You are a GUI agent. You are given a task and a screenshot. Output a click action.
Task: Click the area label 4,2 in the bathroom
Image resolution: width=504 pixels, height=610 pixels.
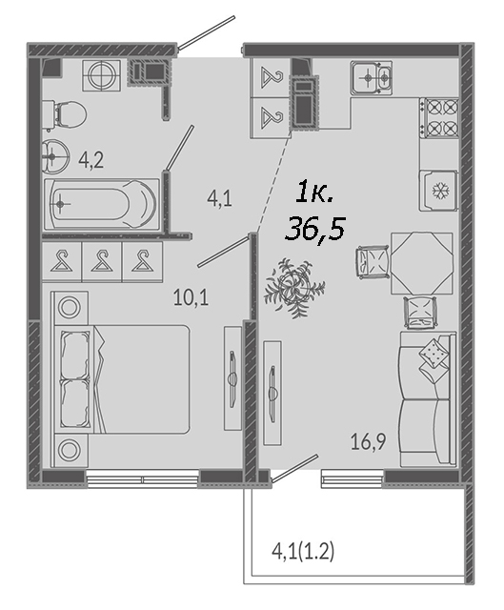(x=91, y=160)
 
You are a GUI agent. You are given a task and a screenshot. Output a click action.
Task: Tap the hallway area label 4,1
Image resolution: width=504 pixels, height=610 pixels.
(x=219, y=199)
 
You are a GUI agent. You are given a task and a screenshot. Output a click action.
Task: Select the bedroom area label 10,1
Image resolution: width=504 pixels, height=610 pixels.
(x=191, y=298)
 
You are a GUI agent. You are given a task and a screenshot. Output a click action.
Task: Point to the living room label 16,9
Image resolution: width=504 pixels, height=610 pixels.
(x=369, y=441)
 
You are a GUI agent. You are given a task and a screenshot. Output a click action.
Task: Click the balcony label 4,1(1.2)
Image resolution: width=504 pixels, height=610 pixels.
(x=303, y=552)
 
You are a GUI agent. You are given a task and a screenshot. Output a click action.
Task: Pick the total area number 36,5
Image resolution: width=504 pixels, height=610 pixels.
(x=314, y=228)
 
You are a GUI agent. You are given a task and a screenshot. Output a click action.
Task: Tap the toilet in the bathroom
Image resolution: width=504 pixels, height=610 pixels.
(x=65, y=114)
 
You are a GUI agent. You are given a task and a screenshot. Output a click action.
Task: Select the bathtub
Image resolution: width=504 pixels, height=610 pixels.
(x=102, y=204)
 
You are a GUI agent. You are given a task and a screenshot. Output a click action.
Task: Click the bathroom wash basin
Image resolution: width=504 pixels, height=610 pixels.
(x=55, y=156)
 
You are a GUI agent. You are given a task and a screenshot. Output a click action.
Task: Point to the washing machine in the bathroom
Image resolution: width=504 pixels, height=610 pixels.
(x=101, y=75)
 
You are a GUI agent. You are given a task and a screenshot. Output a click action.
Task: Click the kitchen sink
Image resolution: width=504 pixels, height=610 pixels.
(x=371, y=77)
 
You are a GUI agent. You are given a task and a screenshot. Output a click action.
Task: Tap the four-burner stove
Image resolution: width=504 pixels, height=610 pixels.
(x=439, y=117)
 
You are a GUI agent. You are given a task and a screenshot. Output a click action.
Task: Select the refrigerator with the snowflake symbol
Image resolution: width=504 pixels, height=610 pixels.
(x=439, y=191)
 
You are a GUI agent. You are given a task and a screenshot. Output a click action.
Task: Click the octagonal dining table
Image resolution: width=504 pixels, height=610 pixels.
(x=422, y=263)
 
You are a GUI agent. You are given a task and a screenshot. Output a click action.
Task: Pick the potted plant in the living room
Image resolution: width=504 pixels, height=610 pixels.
(x=294, y=288)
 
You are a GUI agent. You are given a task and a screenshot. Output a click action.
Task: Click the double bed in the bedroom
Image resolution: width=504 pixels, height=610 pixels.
(x=121, y=379)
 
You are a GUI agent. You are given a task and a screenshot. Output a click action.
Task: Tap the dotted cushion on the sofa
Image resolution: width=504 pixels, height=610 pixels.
(x=432, y=353)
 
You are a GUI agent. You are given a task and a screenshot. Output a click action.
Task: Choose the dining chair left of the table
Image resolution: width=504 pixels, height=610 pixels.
(x=373, y=261)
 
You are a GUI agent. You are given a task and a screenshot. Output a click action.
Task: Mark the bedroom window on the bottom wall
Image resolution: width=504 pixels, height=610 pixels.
(x=142, y=478)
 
